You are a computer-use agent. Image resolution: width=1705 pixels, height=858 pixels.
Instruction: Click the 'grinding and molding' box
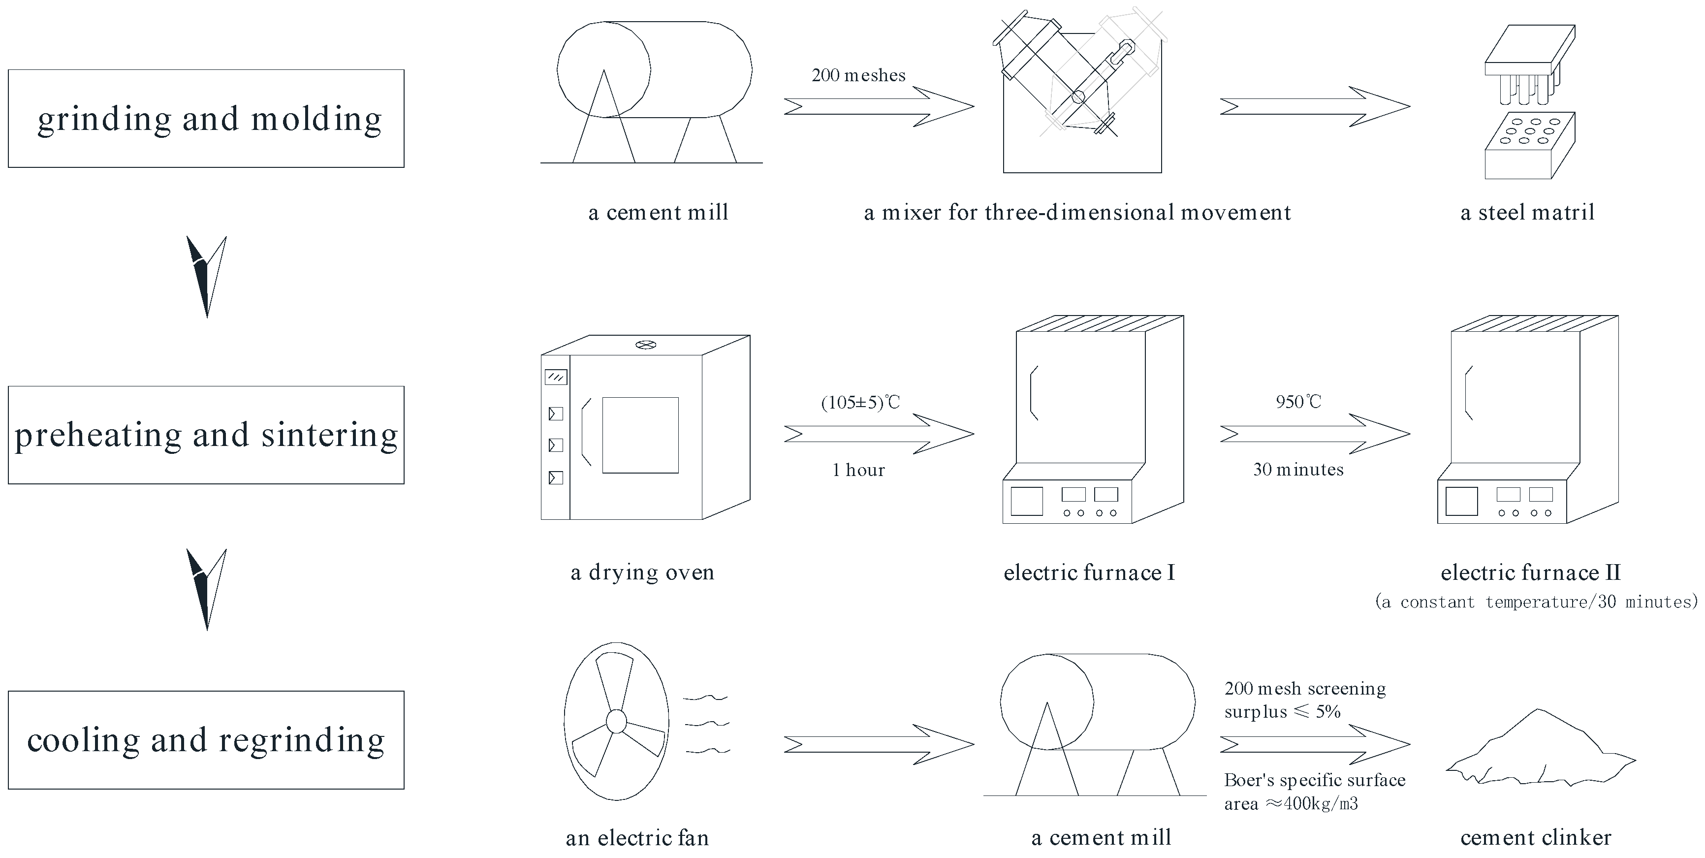(x=206, y=119)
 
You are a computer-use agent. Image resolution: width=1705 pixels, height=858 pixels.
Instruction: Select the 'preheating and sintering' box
(x=206, y=435)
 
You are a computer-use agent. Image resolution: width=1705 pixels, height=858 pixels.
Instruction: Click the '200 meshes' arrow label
(x=858, y=75)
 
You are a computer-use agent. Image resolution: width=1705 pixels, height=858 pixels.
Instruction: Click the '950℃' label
(x=1298, y=402)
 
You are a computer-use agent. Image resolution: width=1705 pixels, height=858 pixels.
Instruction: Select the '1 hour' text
(x=858, y=470)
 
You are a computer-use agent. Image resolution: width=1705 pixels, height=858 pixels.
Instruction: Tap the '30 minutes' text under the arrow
(x=1298, y=470)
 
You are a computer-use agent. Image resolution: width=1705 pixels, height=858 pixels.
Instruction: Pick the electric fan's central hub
(x=616, y=722)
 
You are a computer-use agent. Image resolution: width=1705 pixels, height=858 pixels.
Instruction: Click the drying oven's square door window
(x=640, y=435)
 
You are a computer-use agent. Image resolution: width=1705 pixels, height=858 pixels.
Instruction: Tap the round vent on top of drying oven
(x=645, y=345)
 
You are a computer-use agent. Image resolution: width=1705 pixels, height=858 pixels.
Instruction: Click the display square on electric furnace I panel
(x=1027, y=501)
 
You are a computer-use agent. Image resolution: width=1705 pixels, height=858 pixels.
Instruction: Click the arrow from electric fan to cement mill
(x=878, y=745)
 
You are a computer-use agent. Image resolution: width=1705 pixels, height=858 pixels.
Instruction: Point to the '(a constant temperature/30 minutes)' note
(x=1536, y=602)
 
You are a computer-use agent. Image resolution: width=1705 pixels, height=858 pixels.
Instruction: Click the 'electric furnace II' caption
(x=1530, y=572)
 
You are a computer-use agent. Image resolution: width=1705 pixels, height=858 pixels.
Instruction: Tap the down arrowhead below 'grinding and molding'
(x=207, y=277)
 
